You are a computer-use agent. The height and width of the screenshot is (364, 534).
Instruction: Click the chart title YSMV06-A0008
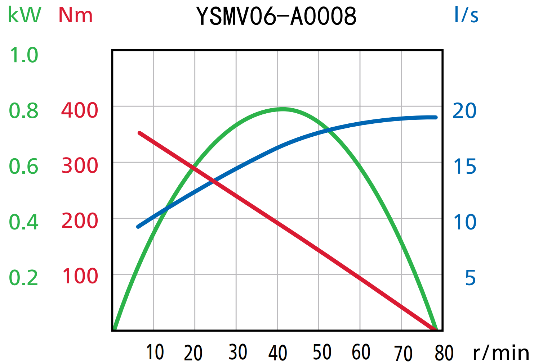coord(276,16)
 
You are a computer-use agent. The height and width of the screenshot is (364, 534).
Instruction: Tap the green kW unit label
coord(25,15)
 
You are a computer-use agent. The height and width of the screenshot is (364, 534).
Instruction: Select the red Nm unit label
coord(76,15)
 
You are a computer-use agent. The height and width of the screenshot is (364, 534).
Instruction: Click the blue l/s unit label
coord(466,15)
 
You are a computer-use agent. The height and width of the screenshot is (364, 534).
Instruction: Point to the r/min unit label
coord(500,352)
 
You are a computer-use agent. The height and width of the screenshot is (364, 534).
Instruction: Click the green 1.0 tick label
coord(24,55)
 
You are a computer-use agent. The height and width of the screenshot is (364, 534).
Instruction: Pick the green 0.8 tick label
coord(24,111)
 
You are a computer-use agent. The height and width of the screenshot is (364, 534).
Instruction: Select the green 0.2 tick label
coord(24,278)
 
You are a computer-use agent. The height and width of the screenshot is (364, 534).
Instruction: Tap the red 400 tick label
coord(80,110)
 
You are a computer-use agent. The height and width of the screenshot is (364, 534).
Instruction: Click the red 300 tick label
coord(80,166)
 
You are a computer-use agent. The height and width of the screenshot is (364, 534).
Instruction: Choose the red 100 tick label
coord(80,276)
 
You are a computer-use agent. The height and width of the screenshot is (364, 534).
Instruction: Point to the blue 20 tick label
coord(464,110)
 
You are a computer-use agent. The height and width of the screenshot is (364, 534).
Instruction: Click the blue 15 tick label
coord(464,167)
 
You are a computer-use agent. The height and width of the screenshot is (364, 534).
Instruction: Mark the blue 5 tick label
coord(470,278)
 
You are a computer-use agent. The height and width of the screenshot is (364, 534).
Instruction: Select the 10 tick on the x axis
coord(155,352)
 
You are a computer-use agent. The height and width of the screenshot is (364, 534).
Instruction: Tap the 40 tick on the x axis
coord(277,353)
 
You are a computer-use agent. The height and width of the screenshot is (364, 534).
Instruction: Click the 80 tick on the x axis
coord(444,353)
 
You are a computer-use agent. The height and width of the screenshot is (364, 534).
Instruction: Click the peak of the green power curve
coord(283,109)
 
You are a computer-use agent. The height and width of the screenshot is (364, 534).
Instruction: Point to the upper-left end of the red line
coord(140,133)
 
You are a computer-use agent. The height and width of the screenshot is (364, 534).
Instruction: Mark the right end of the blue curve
coord(436,117)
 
